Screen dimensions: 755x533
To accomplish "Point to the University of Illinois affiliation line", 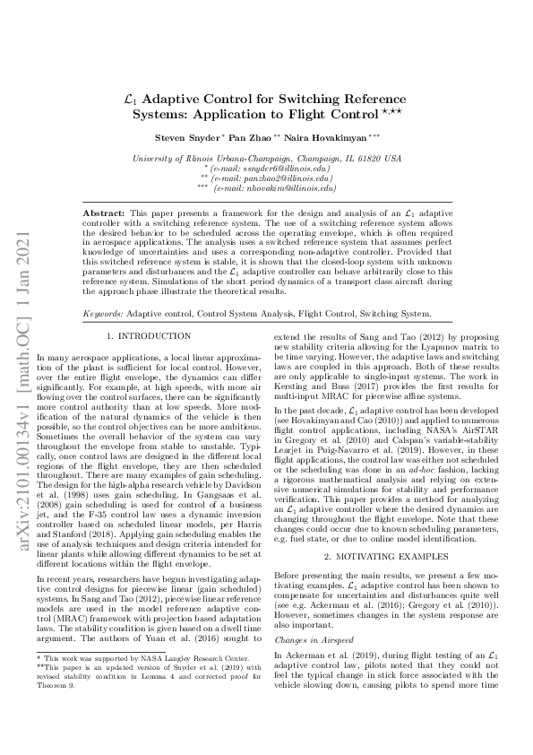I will point(266,158).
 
